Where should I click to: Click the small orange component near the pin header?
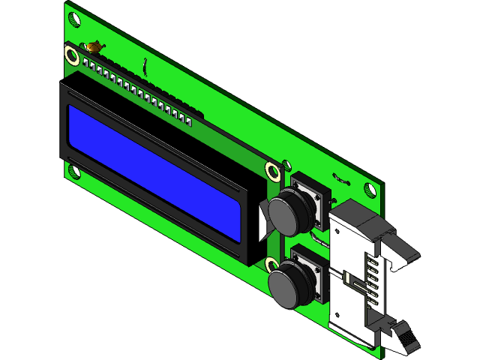click(x=94, y=47)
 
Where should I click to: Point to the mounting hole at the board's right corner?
click(x=369, y=189)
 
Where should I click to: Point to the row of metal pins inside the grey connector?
click(x=370, y=281)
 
